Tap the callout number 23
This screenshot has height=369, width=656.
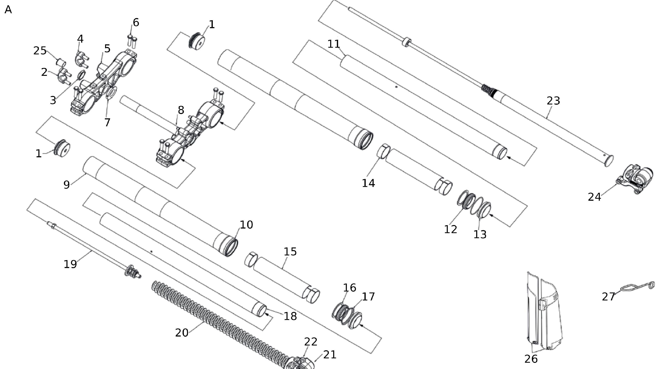coord(553,101)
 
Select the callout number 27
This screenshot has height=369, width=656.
coord(608,297)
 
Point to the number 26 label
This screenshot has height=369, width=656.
coord(531,359)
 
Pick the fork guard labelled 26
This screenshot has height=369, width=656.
coord(545,313)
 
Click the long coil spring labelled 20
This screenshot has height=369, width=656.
coord(219,318)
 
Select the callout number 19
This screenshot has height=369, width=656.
coord(70,264)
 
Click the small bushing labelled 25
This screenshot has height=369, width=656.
coord(61,62)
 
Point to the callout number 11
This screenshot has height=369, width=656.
coord(334,44)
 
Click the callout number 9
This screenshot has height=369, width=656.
coord(66,184)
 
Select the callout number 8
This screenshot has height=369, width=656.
coord(181,110)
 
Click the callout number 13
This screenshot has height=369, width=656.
coord(480,234)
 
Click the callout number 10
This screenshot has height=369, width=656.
coord(246,225)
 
